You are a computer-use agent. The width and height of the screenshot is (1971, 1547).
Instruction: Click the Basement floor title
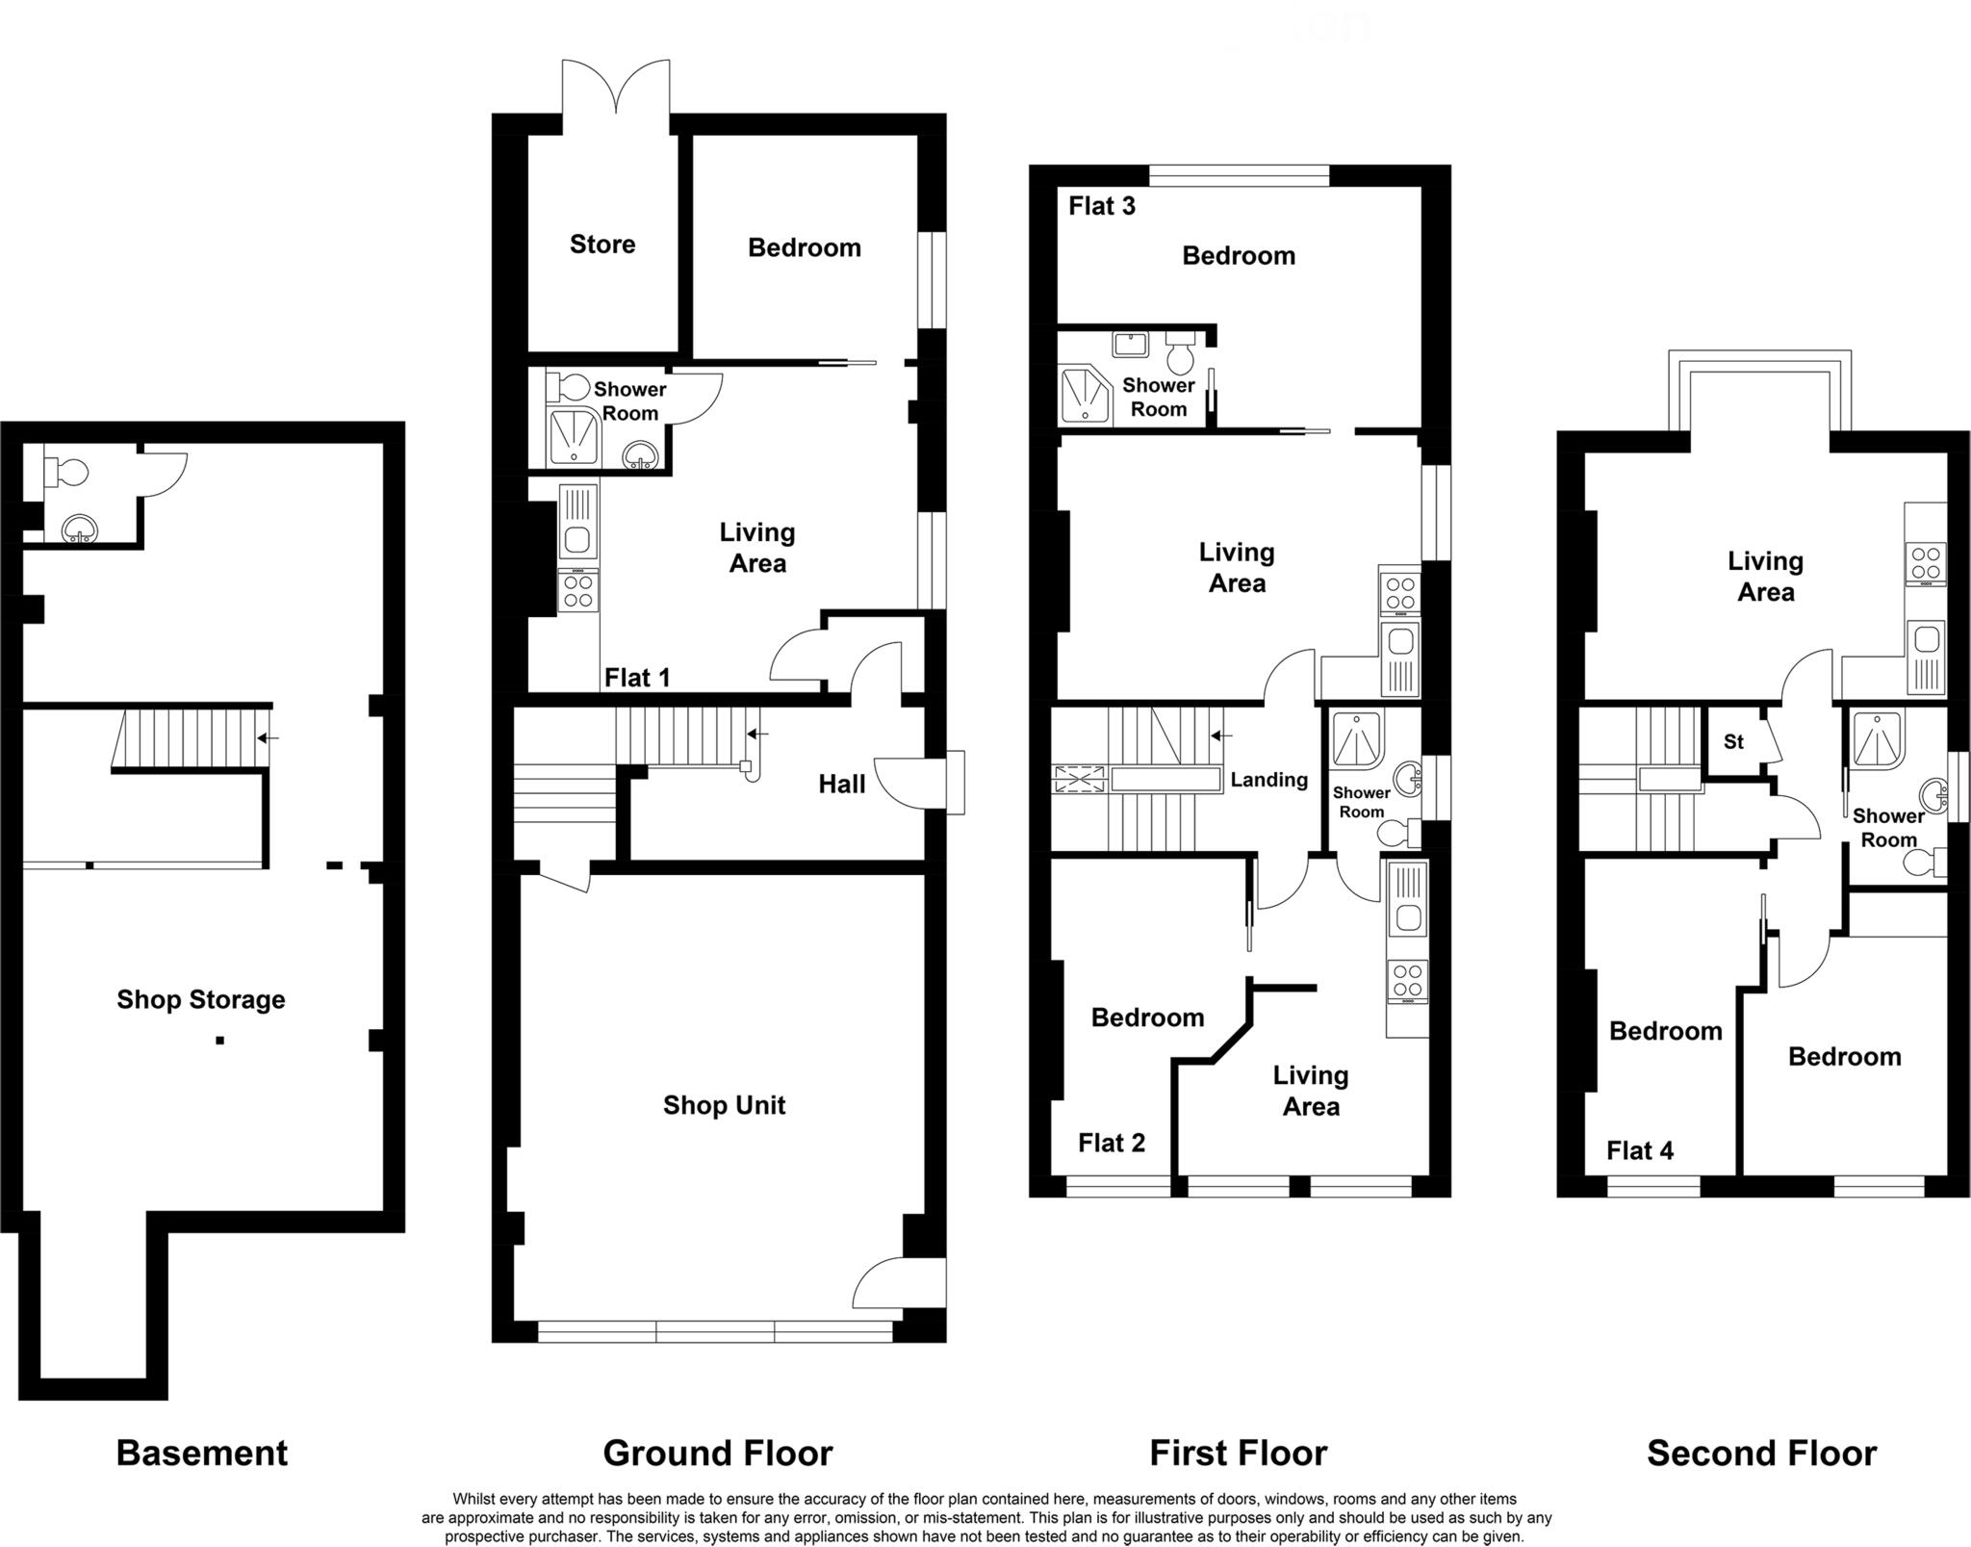click(x=201, y=1453)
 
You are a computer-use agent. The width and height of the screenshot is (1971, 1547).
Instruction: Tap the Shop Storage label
click(x=201, y=999)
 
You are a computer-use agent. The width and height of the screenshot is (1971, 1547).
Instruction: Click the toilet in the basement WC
click(x=66, y=472)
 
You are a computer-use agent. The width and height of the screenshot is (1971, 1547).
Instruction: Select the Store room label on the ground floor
click(x=602, y=245)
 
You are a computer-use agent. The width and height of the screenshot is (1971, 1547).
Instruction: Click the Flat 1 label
click(x=636, y=678)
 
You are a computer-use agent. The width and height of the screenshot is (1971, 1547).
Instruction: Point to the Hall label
click(x=841, y=785)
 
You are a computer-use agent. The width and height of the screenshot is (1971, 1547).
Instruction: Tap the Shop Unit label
click(x=724, y=1105)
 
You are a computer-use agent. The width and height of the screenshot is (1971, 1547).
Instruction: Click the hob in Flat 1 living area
click(x=577, y=590)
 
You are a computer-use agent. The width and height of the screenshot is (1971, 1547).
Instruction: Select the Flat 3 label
click(x=1102, y=206)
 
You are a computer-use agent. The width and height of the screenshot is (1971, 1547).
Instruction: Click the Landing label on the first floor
click(x=1268, y=780)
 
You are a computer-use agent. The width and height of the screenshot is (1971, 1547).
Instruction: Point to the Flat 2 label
click(x=1112, y=1143)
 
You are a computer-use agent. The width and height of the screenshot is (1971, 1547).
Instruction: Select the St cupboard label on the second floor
click(x=1733, y=742)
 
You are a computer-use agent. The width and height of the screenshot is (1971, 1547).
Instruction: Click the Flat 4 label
click(x=1640, y=1150)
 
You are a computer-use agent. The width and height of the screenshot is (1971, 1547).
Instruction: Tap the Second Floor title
click(x=1761, y=1453)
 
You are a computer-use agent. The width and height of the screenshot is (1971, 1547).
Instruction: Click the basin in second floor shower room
click(x=1933, y=796)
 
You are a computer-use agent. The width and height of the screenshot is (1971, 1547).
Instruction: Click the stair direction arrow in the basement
click(x=268, y=738)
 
